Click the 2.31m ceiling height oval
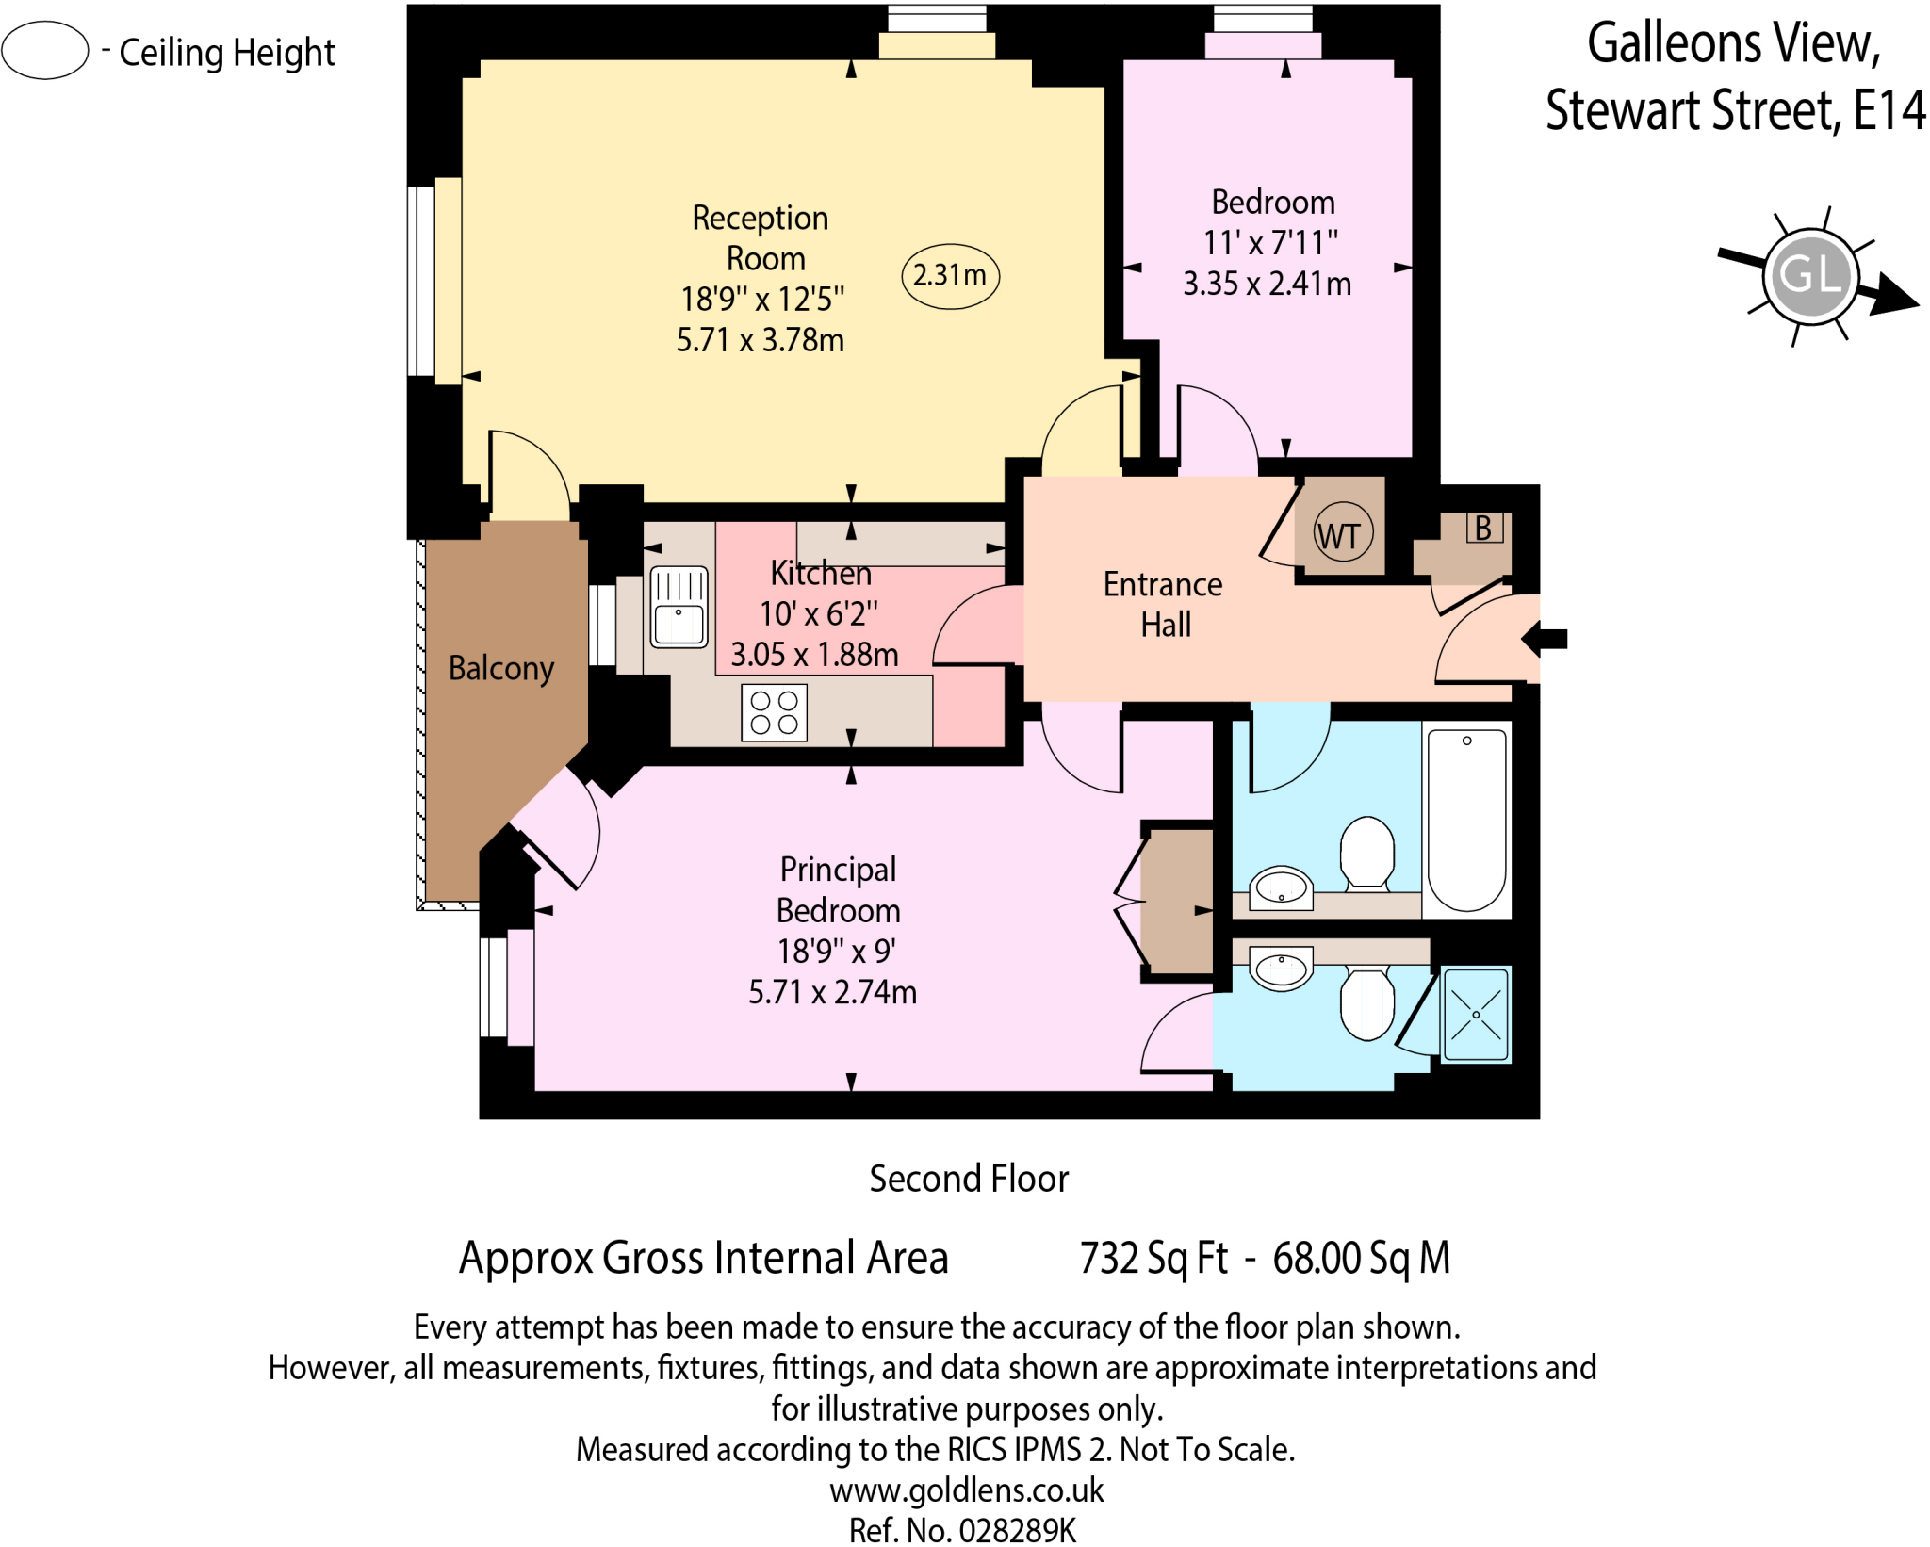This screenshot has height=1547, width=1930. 950,276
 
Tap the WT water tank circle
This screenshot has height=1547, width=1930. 1342,534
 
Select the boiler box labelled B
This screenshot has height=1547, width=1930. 1483,528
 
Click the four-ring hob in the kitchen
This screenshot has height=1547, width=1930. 774,712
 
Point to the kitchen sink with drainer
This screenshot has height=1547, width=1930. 679,607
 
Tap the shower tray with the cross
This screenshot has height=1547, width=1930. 1475,1015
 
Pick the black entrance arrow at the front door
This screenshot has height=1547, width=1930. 1545,639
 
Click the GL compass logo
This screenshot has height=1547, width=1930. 1810,276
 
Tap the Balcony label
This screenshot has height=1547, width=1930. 500,668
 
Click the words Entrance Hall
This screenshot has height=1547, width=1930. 1164,604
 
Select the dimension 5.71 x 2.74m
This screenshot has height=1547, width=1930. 832,992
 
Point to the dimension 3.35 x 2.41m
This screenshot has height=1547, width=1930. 1267,284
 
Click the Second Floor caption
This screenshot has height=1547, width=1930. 968,1179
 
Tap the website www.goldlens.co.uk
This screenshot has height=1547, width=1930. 966,1490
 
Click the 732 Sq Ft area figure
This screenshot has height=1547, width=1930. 1153,1258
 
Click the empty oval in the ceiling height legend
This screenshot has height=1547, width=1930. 44,50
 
